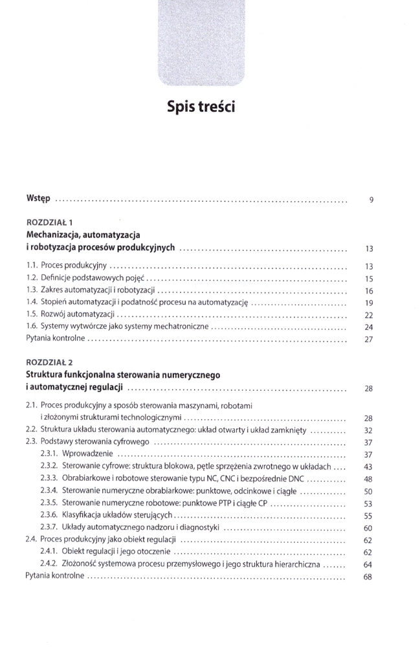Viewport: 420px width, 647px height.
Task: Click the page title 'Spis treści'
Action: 201,106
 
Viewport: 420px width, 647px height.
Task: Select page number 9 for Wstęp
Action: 371,199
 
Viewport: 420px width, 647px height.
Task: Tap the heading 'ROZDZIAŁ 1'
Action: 49,223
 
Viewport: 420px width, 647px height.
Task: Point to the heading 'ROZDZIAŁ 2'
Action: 49,363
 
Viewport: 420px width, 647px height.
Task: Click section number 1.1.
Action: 32,265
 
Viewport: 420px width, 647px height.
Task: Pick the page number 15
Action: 370,278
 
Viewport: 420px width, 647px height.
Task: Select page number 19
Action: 370,302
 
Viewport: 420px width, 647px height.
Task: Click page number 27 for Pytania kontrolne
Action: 370,339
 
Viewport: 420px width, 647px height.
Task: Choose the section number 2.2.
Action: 32,430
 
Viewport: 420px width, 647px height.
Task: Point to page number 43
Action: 368,466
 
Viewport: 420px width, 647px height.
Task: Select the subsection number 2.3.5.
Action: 50,503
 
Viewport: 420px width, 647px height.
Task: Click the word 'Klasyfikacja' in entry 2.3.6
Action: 83,516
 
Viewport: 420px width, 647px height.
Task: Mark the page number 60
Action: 368,528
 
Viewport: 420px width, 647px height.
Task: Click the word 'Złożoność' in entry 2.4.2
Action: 80,564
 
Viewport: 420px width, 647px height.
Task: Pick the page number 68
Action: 368,577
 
